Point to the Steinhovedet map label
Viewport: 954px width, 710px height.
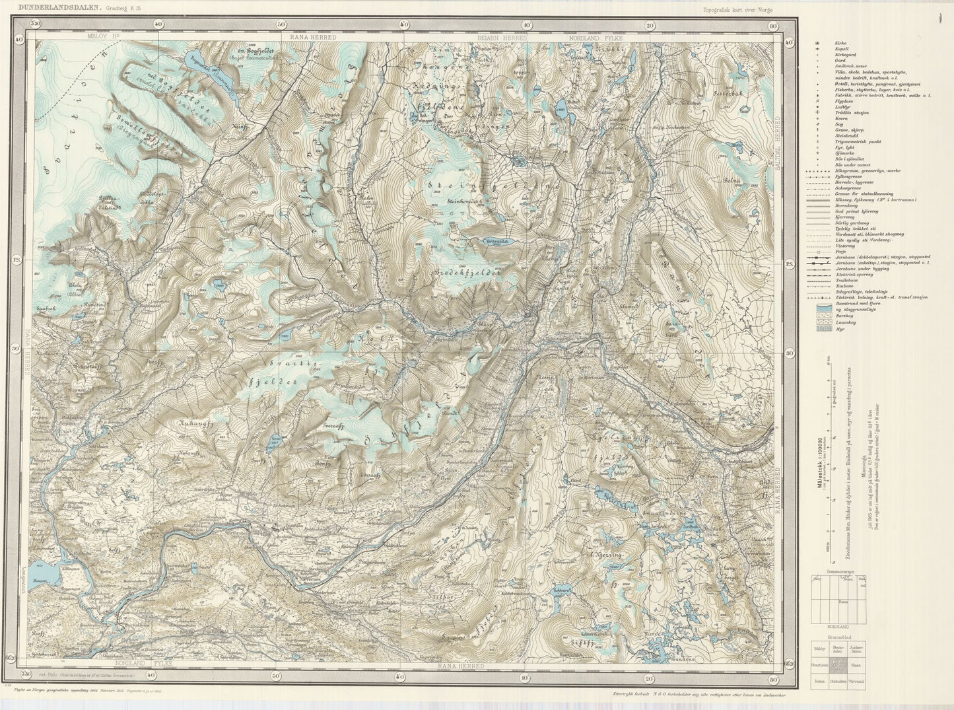point(466,200)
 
